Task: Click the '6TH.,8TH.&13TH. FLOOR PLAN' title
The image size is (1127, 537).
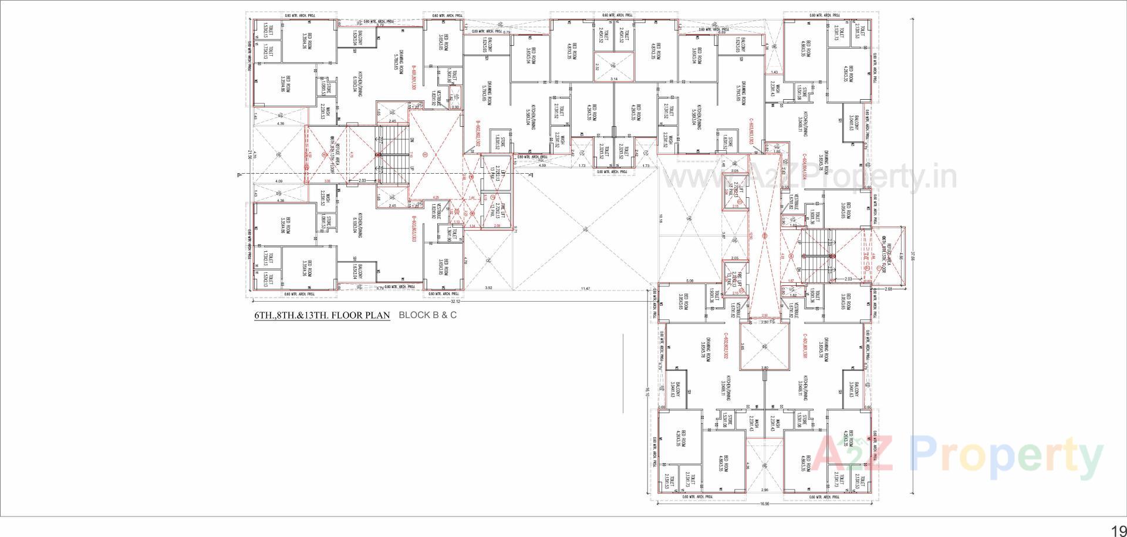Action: pos(322,315)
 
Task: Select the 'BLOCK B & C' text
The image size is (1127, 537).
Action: pos(427,315)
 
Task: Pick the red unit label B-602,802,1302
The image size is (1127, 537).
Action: pos(478,135)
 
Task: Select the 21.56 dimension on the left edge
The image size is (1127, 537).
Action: pos(249,154)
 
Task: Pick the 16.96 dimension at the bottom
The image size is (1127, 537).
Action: pos(764,504)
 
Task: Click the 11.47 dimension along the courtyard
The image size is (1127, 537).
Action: pos(585,289)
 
